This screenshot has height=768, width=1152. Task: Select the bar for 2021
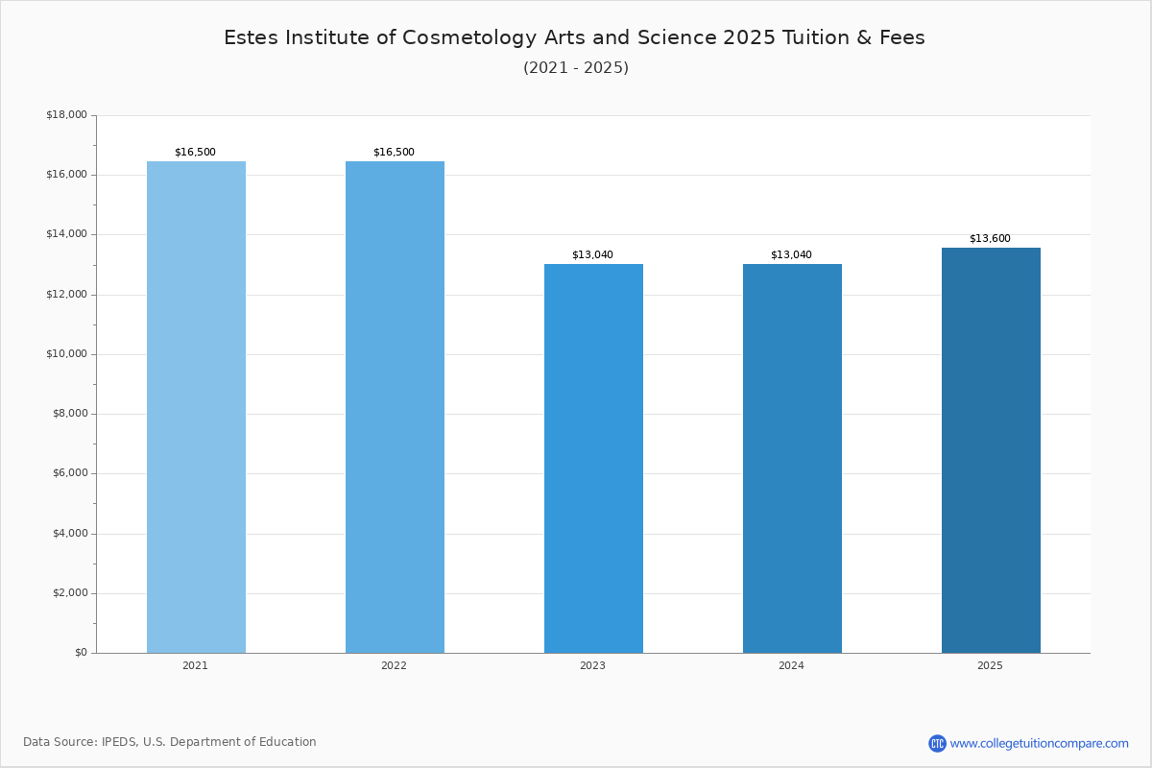click(x=196, y=407)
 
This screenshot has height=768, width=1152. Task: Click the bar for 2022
click(x=395, y=407)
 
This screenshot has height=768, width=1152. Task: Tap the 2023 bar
click(x=593, y=458)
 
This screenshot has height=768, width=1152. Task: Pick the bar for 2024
click(x=792, y=458)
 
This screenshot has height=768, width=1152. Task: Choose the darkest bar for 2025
click(x=991, y=450)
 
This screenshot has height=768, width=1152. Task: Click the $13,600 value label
click(x=990, y=239)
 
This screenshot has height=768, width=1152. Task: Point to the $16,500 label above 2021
click(x=195, y=153)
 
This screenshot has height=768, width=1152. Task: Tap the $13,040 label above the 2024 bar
click(x=791, y=255)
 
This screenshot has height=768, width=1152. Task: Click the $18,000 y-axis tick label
click(x=66, y=114)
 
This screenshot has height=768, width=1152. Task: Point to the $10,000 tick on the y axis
click(x=66, y=354)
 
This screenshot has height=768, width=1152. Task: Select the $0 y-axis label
click(x=81, y=653)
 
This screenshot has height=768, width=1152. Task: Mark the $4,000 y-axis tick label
click(x=69, y=534)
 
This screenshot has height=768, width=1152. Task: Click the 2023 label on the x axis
click(x=592, y=665)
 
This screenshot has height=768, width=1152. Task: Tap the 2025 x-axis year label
click(x=990, y=665)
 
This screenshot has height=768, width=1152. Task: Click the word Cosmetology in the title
click(x=469, y=38)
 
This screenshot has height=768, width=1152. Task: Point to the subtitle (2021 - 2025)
click(x=576, y=68)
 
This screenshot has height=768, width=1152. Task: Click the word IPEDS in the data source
click(x=119, y=742)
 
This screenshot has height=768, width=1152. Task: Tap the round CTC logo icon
click(x=937, y=743)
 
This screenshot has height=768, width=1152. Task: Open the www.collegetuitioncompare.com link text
click(x=1039, y=744)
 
